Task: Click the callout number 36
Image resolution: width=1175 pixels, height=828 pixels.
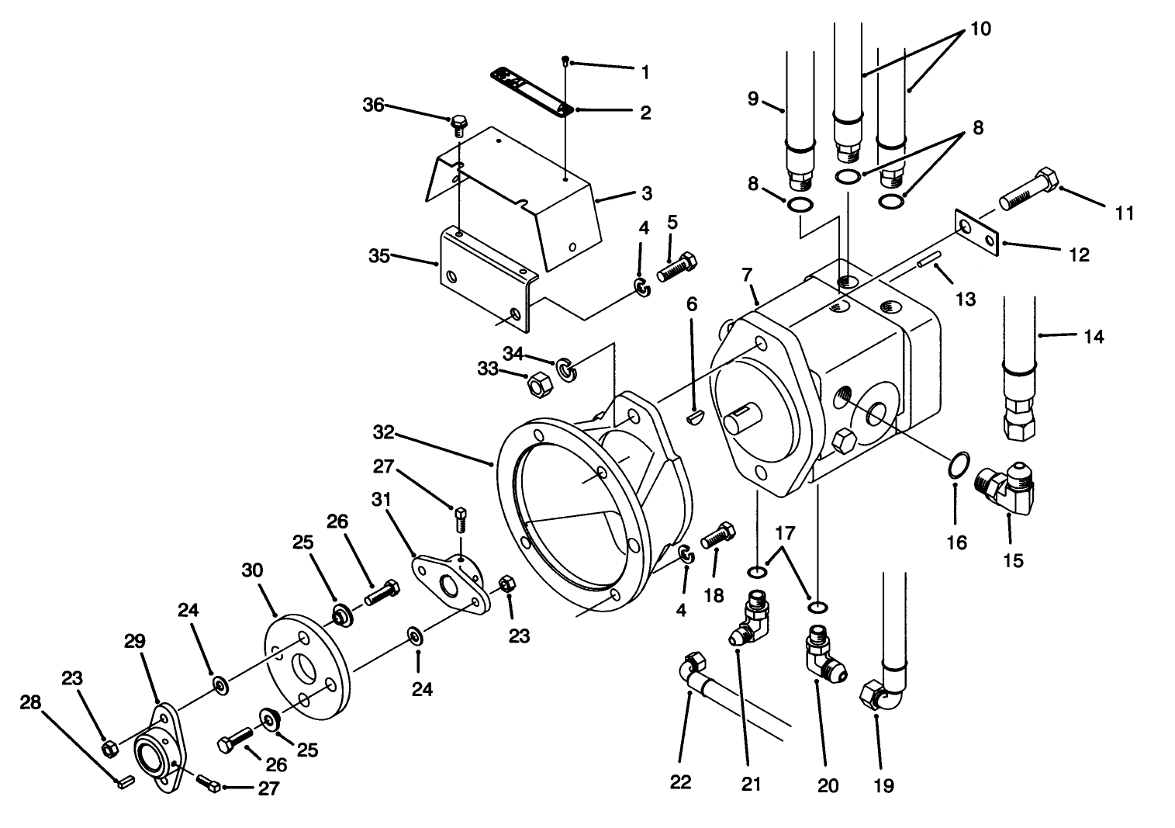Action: coord(373,105)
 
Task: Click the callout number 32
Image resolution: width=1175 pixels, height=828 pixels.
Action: coord(384,431)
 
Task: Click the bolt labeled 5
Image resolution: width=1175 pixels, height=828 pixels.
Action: coord(678,266)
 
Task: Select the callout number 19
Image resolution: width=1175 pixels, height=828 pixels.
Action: coord(883,786)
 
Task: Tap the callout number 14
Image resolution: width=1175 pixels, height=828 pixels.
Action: coord(1094,337)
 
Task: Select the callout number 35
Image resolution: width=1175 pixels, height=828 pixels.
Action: coord(378,255)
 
